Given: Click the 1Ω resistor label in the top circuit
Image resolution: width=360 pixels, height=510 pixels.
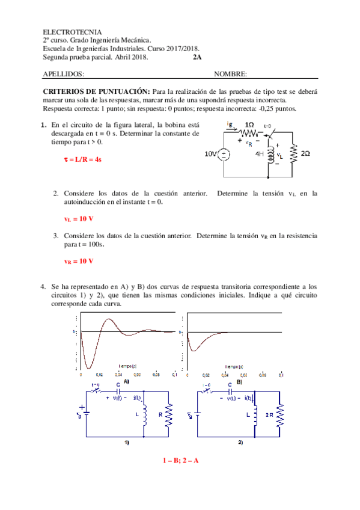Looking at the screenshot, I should [249, 124].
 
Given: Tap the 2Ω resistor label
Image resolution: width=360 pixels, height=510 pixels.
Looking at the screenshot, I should [306, 154].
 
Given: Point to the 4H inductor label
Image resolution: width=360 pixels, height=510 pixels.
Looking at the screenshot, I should [260, 154].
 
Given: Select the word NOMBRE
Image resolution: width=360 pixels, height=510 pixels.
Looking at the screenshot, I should [230, 74].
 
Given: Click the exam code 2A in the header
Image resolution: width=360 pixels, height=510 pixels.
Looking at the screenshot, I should [198, 58].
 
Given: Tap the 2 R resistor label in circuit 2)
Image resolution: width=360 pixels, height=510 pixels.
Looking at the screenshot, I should [269, 416].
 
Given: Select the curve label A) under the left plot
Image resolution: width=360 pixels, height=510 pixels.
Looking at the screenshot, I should [126, 381].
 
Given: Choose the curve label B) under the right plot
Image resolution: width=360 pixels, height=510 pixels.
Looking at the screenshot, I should [239, 381].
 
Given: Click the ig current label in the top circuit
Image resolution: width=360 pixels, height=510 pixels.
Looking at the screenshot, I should [230, 123].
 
